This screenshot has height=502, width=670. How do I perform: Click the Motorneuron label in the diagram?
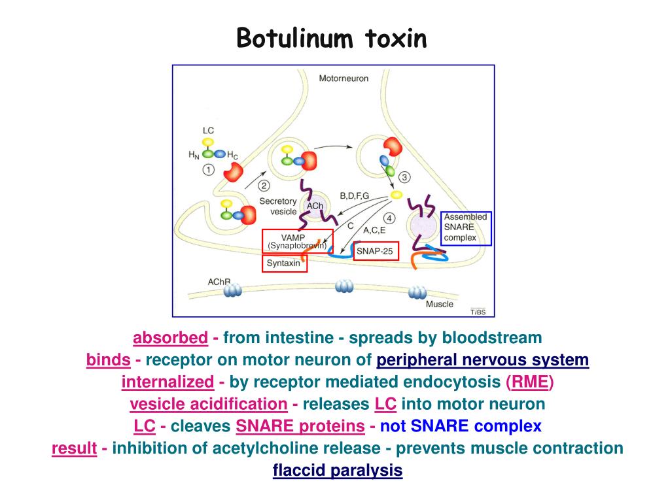[344, 78]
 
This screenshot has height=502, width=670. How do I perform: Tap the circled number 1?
[209, 170]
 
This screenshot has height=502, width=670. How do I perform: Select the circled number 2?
[265, 186]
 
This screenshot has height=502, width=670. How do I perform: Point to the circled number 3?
[405, 177]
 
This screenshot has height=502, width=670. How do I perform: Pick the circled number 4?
[390, 218]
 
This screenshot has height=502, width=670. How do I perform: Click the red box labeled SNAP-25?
[376, 251]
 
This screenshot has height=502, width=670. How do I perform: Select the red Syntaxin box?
[284, 263]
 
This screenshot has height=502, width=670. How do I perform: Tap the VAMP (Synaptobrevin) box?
[297, 241]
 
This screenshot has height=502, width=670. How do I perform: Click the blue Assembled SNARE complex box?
[465, 227]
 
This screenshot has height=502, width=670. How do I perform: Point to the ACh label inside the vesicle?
[315, 207]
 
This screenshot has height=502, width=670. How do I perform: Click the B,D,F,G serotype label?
[355, 196]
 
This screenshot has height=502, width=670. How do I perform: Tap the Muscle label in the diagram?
[440, 304]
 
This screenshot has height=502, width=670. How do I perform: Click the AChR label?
[219, 282]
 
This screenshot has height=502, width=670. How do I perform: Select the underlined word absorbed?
[170, 338]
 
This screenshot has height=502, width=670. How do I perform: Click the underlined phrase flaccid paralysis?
[338, 470]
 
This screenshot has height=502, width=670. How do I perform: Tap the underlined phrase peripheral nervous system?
[483, 360]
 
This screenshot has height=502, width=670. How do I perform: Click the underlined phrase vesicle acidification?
[209, 404]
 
